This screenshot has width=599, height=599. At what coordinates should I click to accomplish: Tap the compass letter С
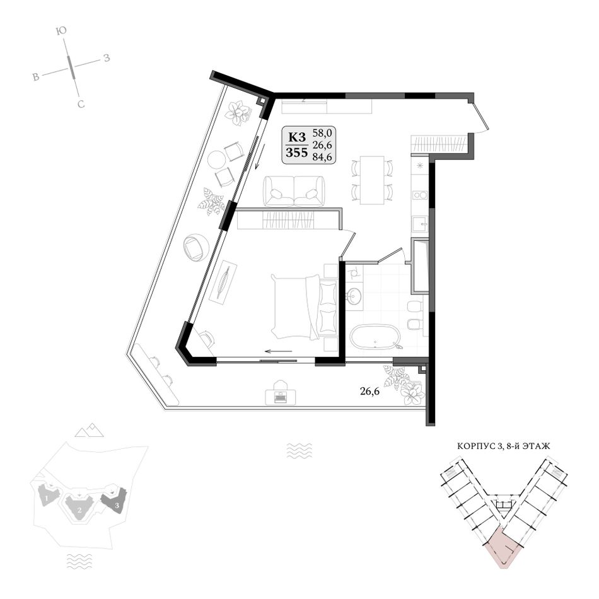81,104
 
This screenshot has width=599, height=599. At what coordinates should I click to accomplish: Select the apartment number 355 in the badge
297,153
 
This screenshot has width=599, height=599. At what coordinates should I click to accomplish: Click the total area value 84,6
322,156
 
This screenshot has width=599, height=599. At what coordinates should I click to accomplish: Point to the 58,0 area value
322,133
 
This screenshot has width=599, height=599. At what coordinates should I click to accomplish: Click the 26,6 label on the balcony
369,391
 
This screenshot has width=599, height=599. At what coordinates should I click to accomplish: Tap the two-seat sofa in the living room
294,192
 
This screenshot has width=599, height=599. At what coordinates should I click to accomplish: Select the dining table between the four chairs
372,180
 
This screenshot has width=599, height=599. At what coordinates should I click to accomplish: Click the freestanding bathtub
375,337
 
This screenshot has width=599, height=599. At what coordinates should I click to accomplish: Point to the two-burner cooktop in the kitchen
420,195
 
